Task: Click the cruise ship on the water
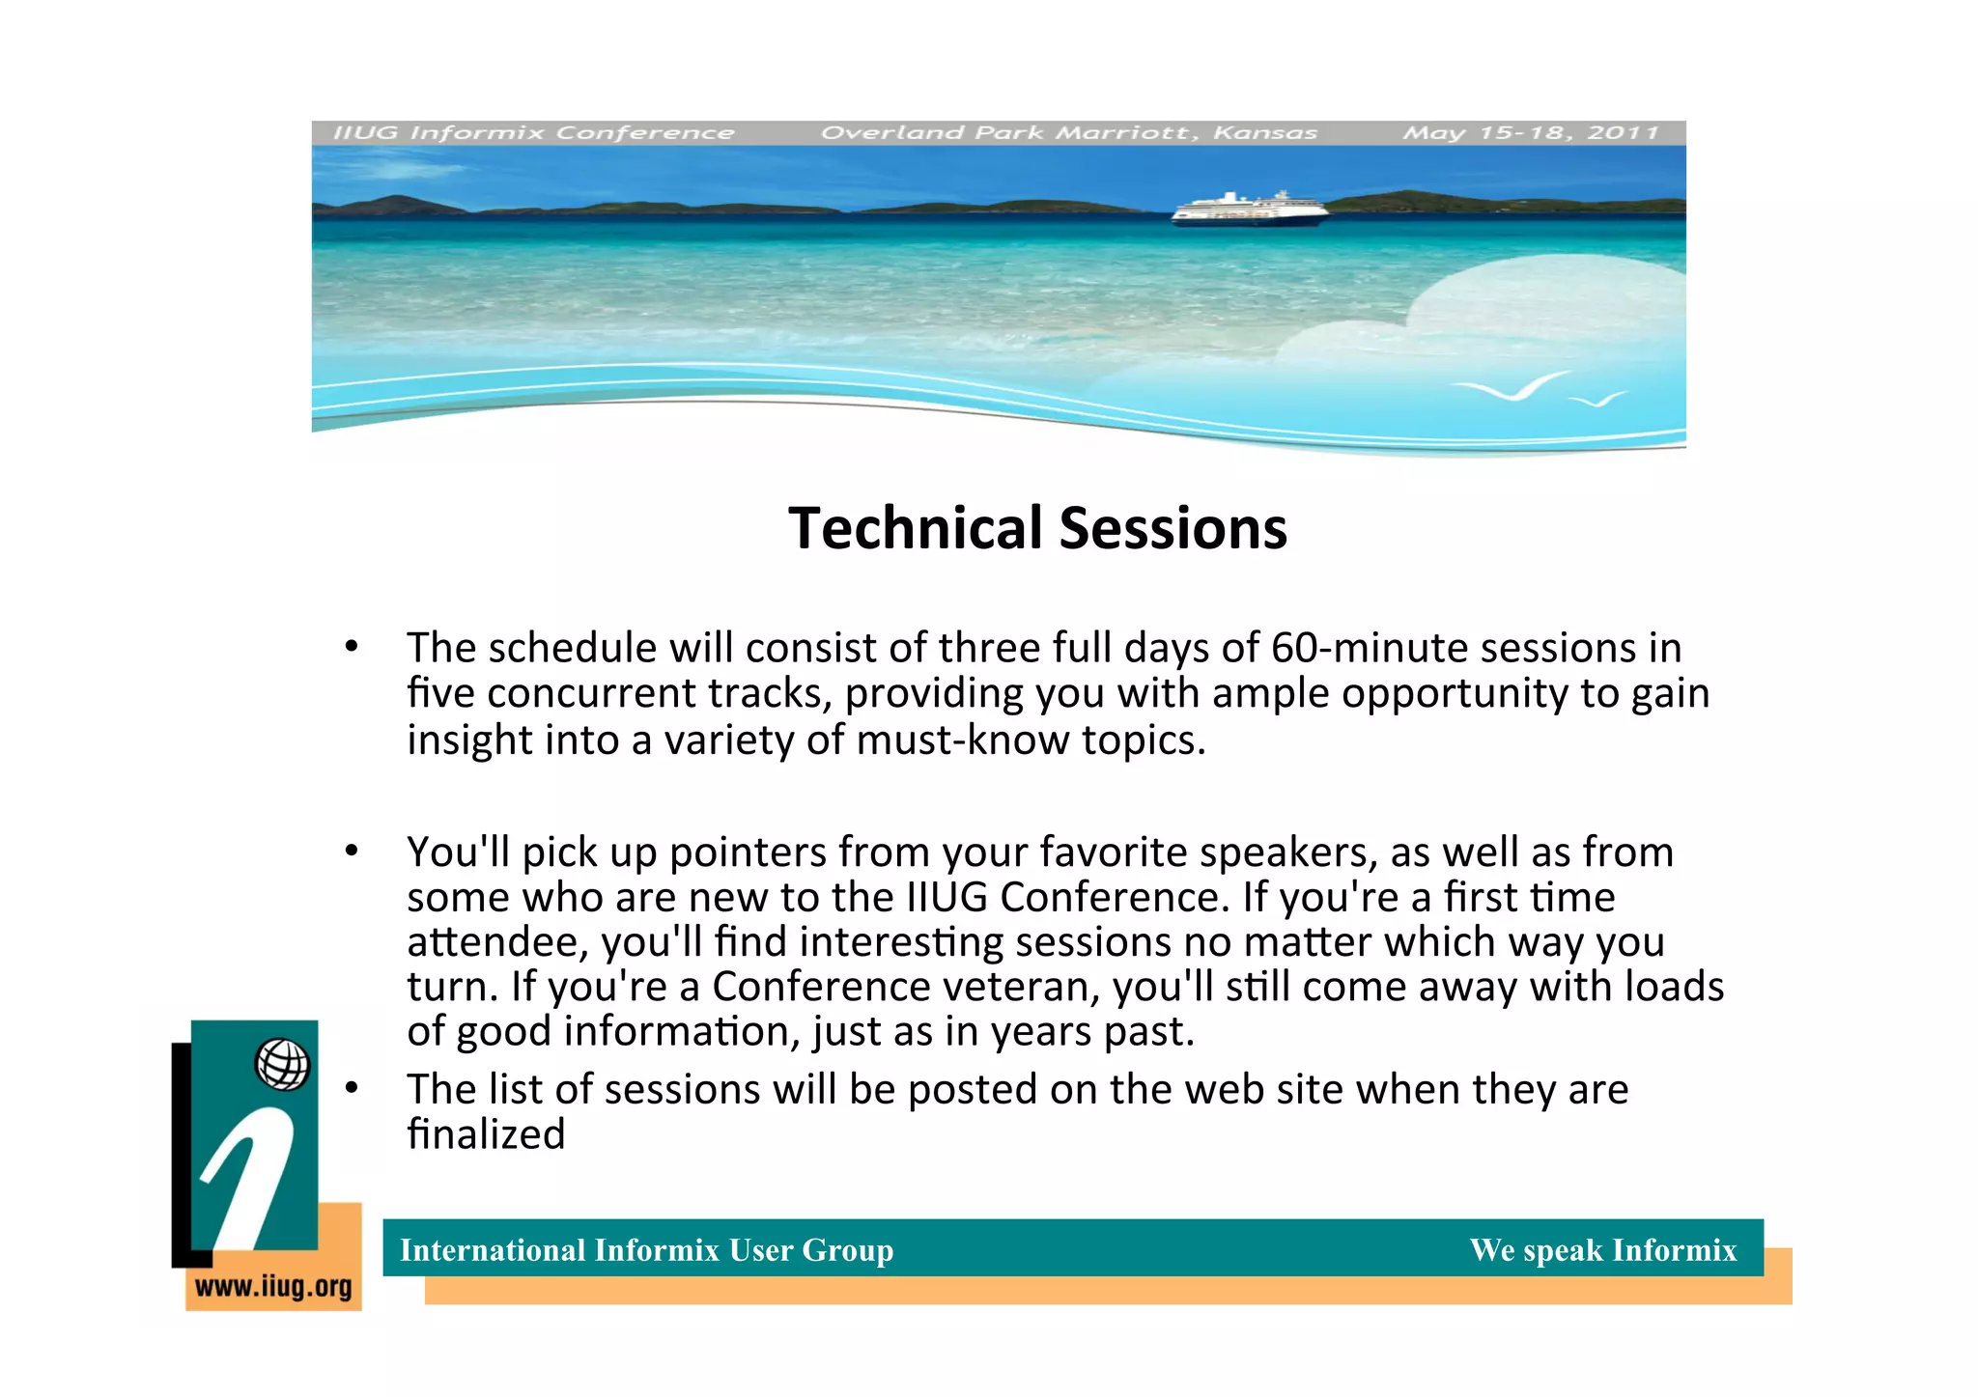(x=1249, y=210)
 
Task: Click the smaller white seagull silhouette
(x=1597, y=399)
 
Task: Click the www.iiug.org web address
(x=273, y=1287)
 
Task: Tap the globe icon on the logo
(x=282, y=1065)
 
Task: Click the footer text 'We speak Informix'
(x=1602, y=1249)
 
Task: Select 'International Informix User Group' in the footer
(x=646, y=1249)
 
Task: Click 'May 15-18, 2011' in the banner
(x=1530, y=132)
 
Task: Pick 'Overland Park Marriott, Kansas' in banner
(x=1068, y=132)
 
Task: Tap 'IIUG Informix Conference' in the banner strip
(x=533, y=132)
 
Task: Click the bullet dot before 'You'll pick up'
(x=353, y=851)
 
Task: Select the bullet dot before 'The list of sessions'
(x=353, y=1088)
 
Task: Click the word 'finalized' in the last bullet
(x=486, y=1133)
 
